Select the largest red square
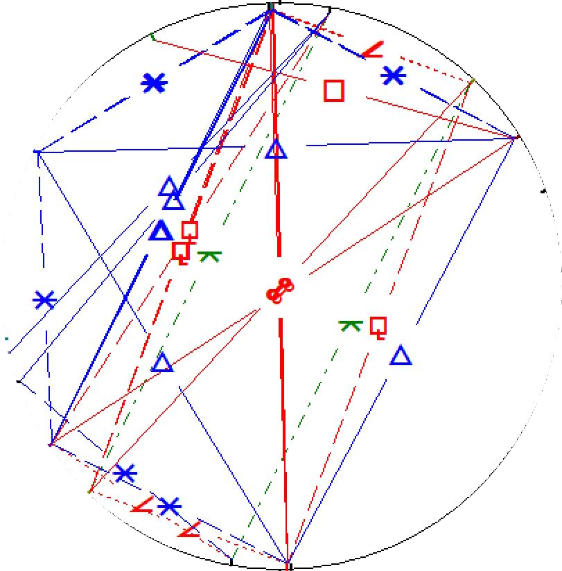(334, 91)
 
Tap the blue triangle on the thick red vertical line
(276, 149)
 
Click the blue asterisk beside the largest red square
(393, 75)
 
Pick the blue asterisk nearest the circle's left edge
(45, 300)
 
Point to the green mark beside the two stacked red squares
(208, 256)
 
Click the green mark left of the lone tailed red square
(351, 324)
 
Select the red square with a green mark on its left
(378, 326)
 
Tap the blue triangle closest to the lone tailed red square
(400, 357)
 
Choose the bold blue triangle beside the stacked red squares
(161, 231)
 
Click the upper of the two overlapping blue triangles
(168, 186)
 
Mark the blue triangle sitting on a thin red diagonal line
(161, 362)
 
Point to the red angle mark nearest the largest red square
(373, 50)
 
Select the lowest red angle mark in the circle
(188, 530)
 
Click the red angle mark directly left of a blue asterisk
(143, 505)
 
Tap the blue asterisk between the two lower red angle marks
(169, 507)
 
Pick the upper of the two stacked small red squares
(190, 230)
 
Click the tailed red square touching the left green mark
(181, 251)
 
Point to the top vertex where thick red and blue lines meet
(271, 10)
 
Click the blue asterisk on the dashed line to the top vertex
(154, 83)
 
